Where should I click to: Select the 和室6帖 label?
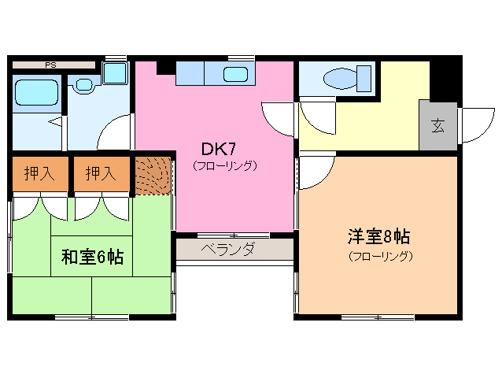[x=92, y=257]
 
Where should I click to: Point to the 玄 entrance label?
[x=436, y=124]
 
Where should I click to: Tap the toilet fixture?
[x=345, y=80]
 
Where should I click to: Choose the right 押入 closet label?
[x=100, y=173]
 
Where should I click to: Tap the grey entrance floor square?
[x=437, y=125]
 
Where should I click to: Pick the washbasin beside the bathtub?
[x=83, y=83]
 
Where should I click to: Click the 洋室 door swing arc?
[x=315, y=172]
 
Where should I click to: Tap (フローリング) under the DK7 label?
[x=225, y=166]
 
